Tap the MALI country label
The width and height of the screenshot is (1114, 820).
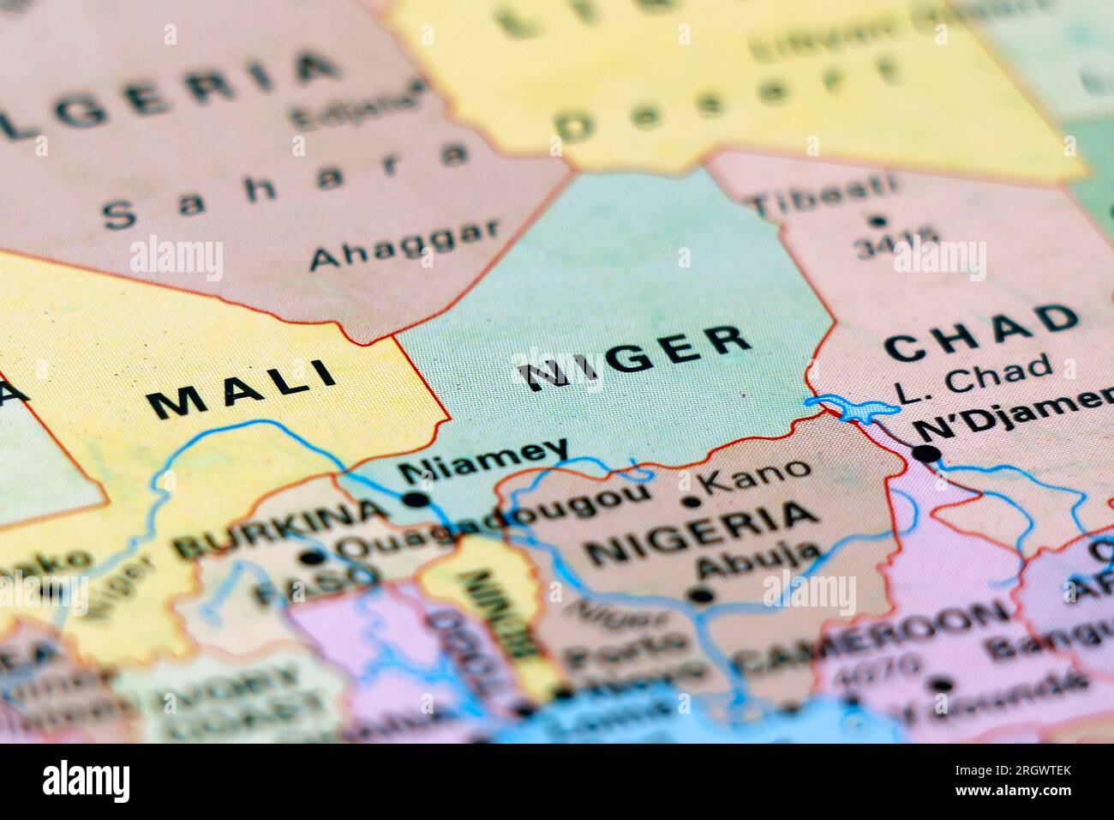[x=242, y=390]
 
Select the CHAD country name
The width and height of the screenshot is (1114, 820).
[x=981, y=334]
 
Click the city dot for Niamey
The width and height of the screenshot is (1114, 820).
[x=416, y=499]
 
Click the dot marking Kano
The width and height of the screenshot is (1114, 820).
[x=691, y=503]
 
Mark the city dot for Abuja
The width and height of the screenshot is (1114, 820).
[x=701, y=594]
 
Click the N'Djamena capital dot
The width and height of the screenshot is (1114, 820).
[x=926, y=454]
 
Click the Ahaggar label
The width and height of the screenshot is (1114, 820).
[x=404, y=244]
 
